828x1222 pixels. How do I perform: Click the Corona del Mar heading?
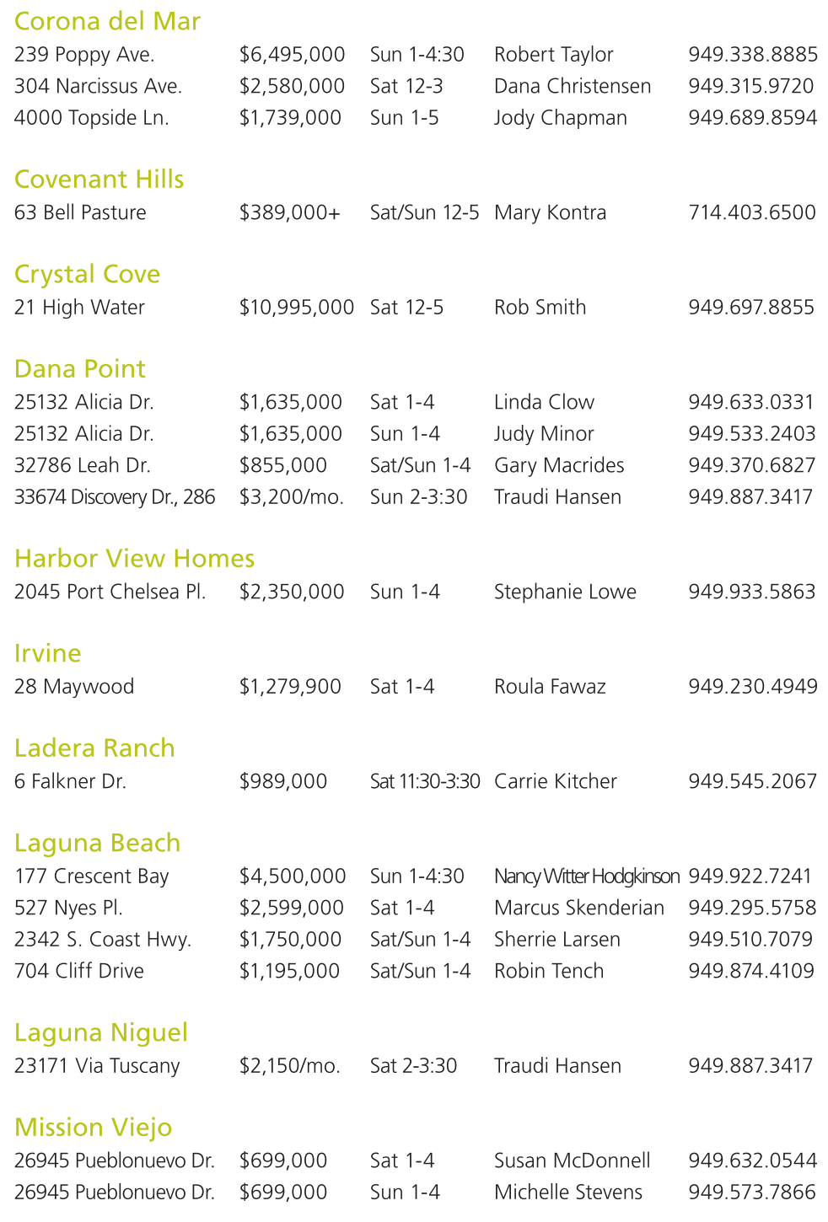pyautogui.click(x=107, y=21)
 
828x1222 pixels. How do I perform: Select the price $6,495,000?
pyautogui.click(x=292, y=55)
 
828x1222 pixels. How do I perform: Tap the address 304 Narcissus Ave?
pyautogui.click(x=98, y=86)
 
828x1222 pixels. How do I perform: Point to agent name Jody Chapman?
pyautogui.click(x=560, y=118)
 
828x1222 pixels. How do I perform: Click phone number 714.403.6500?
pyautogui.click(x=751, y=212)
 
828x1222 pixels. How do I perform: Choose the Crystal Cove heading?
pyautogui.click(x=87, y=275)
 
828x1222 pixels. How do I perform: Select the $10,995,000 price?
pyautogui.click(x=296, y=308)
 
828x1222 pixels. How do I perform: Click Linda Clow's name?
pyautogui.click(x=544, y=402)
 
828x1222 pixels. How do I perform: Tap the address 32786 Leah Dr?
pyautogui.click(x=83, y=465)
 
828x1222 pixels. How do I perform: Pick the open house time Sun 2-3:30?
pyautogui.click(x=418, y=497)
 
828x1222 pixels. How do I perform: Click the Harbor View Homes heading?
pyautogui.click(x=134, y=559)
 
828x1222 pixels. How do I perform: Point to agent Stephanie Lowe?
pyautogui.click(x=565, y=592)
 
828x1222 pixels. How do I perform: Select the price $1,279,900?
pyautogui.click(x=290, y=687)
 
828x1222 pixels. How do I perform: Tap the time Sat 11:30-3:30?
pyautogui.click(x=425, y=781)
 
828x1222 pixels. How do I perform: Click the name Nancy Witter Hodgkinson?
pyautogui.click(x=586, y=876)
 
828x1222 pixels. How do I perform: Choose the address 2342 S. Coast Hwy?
pyautogui.click(x=103, y=940)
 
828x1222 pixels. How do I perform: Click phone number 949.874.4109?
pyautogui.click(x=751, y=971)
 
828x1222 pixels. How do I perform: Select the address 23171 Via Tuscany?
pyautogui.click(x=97, y=1066)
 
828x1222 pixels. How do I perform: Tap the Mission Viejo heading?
pyautogui.click(x=93, y=1128)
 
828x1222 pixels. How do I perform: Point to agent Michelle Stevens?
pyautogui.click(x=567, y=1193)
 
